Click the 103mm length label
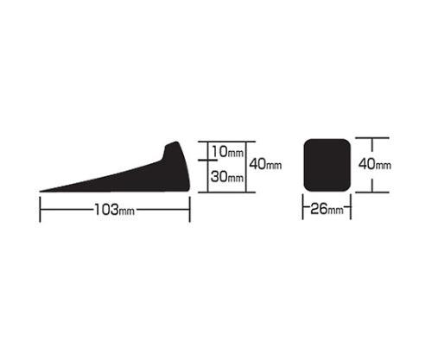point(115,210)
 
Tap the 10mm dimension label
point(227,152)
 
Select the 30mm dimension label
point(227,176)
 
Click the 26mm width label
point(327,209)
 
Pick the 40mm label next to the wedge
point(265,164)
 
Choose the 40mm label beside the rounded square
point(374,164)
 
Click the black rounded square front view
point(327,165)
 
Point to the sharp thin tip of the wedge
point(41,191)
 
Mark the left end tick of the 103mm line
point(40,209)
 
